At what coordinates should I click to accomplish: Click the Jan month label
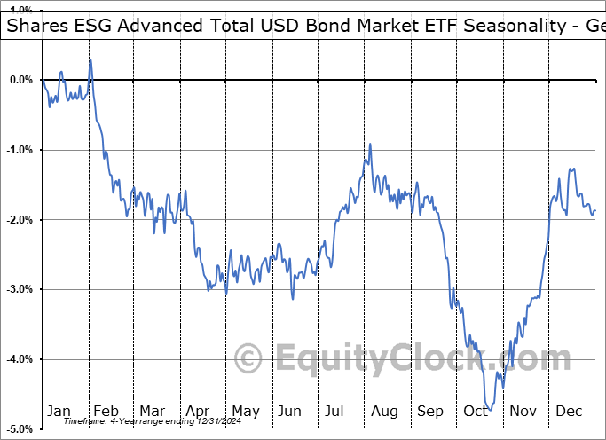click(59, 411)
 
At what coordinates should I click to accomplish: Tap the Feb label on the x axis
click(106, 411)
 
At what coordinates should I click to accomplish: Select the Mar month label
click(152, 411)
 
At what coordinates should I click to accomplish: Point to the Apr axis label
click(198, 411)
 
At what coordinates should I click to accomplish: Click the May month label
click(245, 411)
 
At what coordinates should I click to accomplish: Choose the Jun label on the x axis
click(291, 411)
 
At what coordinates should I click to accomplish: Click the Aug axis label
click(384, 411)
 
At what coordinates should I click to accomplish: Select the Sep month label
click(430, 411)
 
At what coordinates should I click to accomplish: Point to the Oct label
click(476, 411)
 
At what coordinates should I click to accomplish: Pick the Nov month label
click(523, 411)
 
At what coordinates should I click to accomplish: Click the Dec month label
click(569, 411)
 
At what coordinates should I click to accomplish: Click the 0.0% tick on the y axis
click(20, 80)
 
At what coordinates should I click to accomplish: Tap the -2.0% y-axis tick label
click(19, 220)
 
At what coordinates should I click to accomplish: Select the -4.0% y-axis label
click(19, 359)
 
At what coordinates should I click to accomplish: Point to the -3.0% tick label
click(19, 289)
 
